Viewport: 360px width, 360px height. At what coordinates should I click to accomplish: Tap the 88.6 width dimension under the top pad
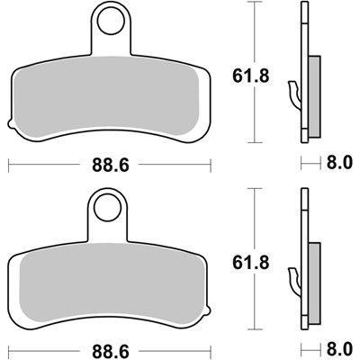[x=106, y=166]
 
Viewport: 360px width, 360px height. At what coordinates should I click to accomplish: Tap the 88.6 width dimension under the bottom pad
[x=106, y=347]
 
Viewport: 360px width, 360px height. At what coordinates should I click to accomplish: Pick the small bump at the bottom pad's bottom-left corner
[x=12, y=309]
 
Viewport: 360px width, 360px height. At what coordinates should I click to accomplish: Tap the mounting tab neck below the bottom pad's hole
[x=105, y=231]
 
